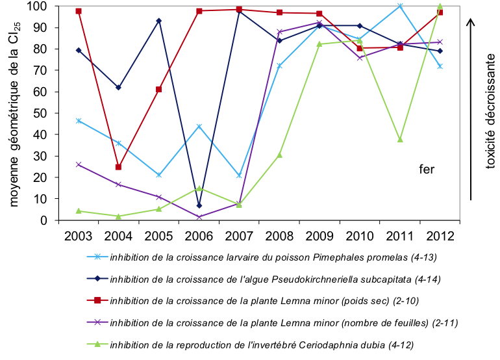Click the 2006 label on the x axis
point(199,236)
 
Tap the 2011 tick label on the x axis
point(400,236)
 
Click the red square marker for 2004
point(118,167)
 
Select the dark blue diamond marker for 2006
point(199,205)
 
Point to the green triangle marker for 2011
point(400,140)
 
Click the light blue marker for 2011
point(400,6)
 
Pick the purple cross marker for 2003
point(78,164)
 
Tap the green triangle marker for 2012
point(440,6)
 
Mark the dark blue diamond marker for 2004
point(118,87)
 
